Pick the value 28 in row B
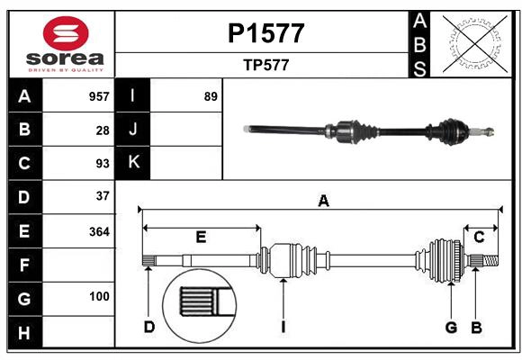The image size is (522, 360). pyautogui.click(x=103, y=130)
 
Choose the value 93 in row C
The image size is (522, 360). pyautogui.click(x=103, y=163)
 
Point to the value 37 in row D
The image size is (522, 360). pyautogui.click(x=103, y=196)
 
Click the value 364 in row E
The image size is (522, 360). pyautogui.click(x=99, y=230)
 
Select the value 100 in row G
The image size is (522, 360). pyautogui.click(x=99, y=296)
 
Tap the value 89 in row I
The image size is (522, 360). pyautogui.click(x=211, y=96)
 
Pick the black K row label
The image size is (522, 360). pyautogui.click(x=133, y=163)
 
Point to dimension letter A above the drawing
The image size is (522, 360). pyautogui.click(x=323, y=201)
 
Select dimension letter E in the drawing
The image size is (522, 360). pyautogui.click(x=201, y=238)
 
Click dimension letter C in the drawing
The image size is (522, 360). pyautogui.click(x=479, y=238)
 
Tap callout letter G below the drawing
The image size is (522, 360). pyautogui.click(x=452, y=327)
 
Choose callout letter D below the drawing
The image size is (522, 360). pyautogui.click(x=149, y=327)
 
